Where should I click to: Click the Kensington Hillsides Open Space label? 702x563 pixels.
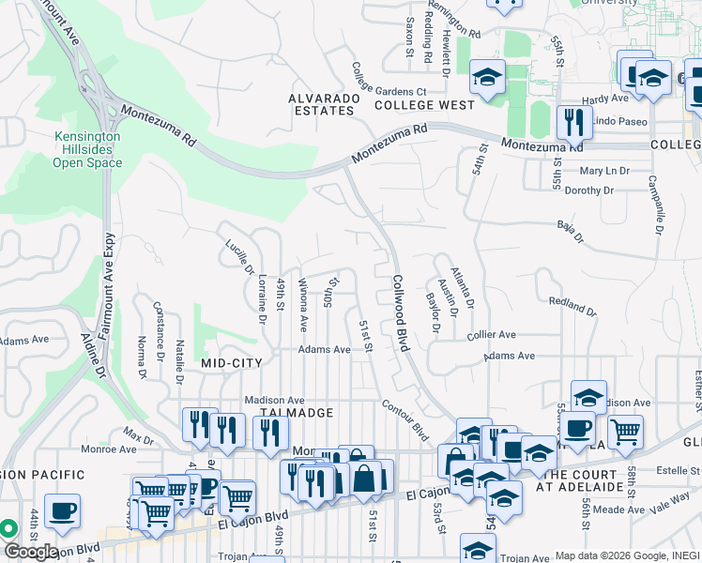[x=87, y=149]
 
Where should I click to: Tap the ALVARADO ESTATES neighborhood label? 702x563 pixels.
[x=321, y=104]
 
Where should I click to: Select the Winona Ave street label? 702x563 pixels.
[x=303, y=304]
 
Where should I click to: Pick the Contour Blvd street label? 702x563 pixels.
[x=404, y=418]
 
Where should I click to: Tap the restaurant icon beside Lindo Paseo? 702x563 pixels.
[x=572, y=122]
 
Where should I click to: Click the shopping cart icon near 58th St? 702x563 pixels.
[x=625, y=432]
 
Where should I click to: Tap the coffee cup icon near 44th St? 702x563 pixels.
[x=62, y=511]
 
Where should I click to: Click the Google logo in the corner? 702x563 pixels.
[x=31, y=551]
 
